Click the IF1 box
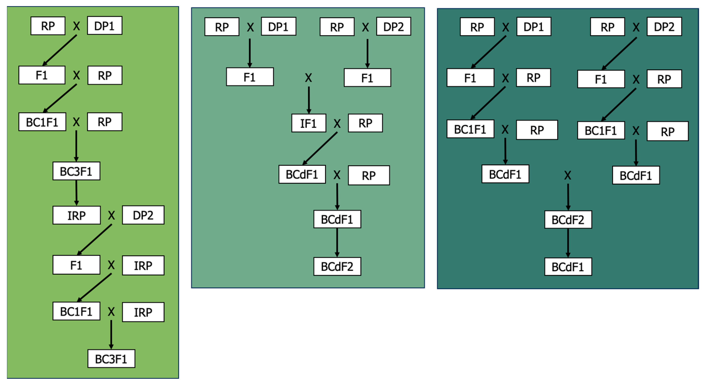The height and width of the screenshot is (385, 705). coord(309,123)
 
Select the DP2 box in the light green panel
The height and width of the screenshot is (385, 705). coord(143,215)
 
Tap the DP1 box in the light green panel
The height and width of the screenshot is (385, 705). coord(104,26)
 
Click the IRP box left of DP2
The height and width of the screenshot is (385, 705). coord(76,215)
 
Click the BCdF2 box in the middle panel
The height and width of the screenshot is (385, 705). coord(337,267)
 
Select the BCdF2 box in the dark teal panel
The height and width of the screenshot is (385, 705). coord(568,220)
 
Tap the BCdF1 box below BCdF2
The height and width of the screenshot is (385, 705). coord(568,267)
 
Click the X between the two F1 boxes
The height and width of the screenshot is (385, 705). coord(309,78)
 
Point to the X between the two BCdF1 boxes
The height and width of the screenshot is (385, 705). coord(568,175)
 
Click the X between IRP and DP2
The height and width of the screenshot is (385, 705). coord(111,215)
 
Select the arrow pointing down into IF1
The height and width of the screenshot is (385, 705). coord(309,100)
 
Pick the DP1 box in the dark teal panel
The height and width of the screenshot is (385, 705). coord(533,27)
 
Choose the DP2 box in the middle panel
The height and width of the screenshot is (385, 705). coord(393,27)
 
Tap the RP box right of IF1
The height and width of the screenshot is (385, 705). coord(365,123)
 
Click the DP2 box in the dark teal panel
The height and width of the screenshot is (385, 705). coord(664,27)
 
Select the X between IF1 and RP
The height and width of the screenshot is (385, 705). coord(337,124)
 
